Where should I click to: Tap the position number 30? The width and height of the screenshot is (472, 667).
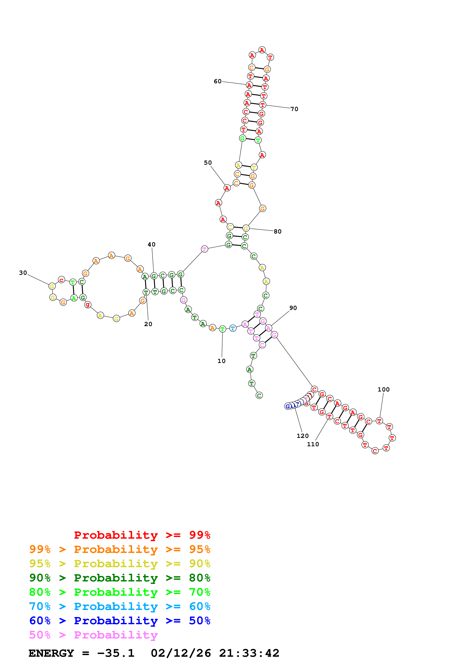pos(23,273)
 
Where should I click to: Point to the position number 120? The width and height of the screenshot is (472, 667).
pos(303,436)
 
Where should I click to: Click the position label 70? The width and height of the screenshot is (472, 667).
pos(294,109)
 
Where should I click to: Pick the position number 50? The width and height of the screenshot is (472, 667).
pos(208,163)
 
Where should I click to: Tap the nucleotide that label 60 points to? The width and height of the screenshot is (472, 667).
pos(249,85)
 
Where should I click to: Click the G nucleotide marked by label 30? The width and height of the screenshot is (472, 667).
pos(52,286)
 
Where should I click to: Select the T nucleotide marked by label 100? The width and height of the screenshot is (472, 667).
pos(379,421)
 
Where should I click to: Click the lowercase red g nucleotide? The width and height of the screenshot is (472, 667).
pos(88,304)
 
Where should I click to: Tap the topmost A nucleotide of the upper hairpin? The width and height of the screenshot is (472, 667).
pos(262,50)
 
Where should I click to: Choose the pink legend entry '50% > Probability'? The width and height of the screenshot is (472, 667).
pos(93,635)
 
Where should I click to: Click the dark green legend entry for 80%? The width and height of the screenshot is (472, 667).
pos(120,578)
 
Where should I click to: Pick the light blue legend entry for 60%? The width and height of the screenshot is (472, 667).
pos(120,606)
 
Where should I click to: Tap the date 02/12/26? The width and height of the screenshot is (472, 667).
pos(181,653)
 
